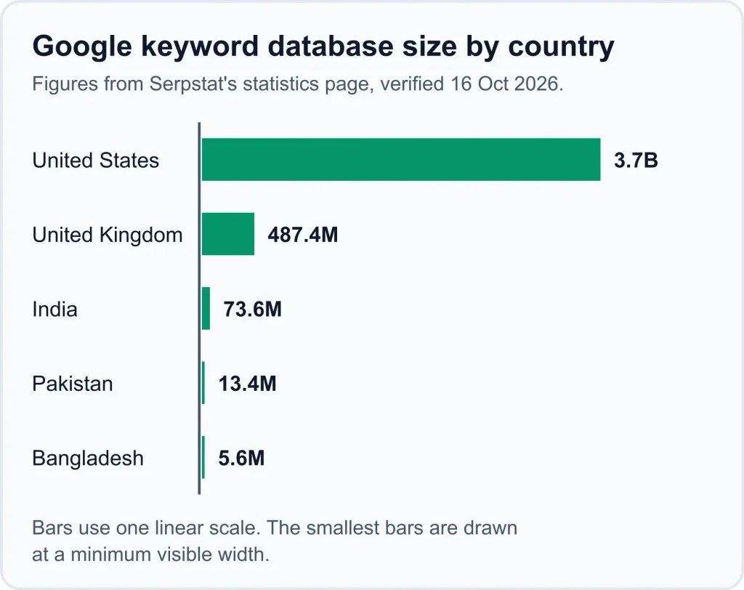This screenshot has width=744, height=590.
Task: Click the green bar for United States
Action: pyautogui.click(x=401, y=159)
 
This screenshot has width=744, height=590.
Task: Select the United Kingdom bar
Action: pyautogui.click(x=227, y=234)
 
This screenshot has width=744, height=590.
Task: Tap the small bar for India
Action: pyautogui.click(x=206, y=309)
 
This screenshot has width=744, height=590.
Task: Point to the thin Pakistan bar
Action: pyautogui.click(x=203, y=383)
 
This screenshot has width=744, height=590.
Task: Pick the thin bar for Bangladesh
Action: pyautogui.click(x=203, y=458)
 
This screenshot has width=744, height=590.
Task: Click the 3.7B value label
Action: pyautogui.click(x=636, y=161)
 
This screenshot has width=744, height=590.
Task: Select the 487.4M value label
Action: pyautogui.click(x=303, y=235)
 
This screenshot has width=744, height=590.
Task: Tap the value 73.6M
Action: pyautogui.click(x=252, y=310)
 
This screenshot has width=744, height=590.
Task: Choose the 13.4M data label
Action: pyautogui.click(x=247, y=384)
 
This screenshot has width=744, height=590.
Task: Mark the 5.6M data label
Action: pyautogui.click(x=241, y=458)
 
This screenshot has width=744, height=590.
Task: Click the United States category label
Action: pyautogui.click(x=96, y=161)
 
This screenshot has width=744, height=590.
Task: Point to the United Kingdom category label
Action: pyautogui.click(x=108, y=235)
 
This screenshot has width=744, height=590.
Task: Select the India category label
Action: pyautogui.click(x=54, y=310)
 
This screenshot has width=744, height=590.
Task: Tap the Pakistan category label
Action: pyautogui.click(x=73, y=384)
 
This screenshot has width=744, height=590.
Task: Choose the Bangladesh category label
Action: pyautogui.click(x=88, y=458)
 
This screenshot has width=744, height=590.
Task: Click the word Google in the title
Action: pyautogui.click(x=82, y=47)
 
